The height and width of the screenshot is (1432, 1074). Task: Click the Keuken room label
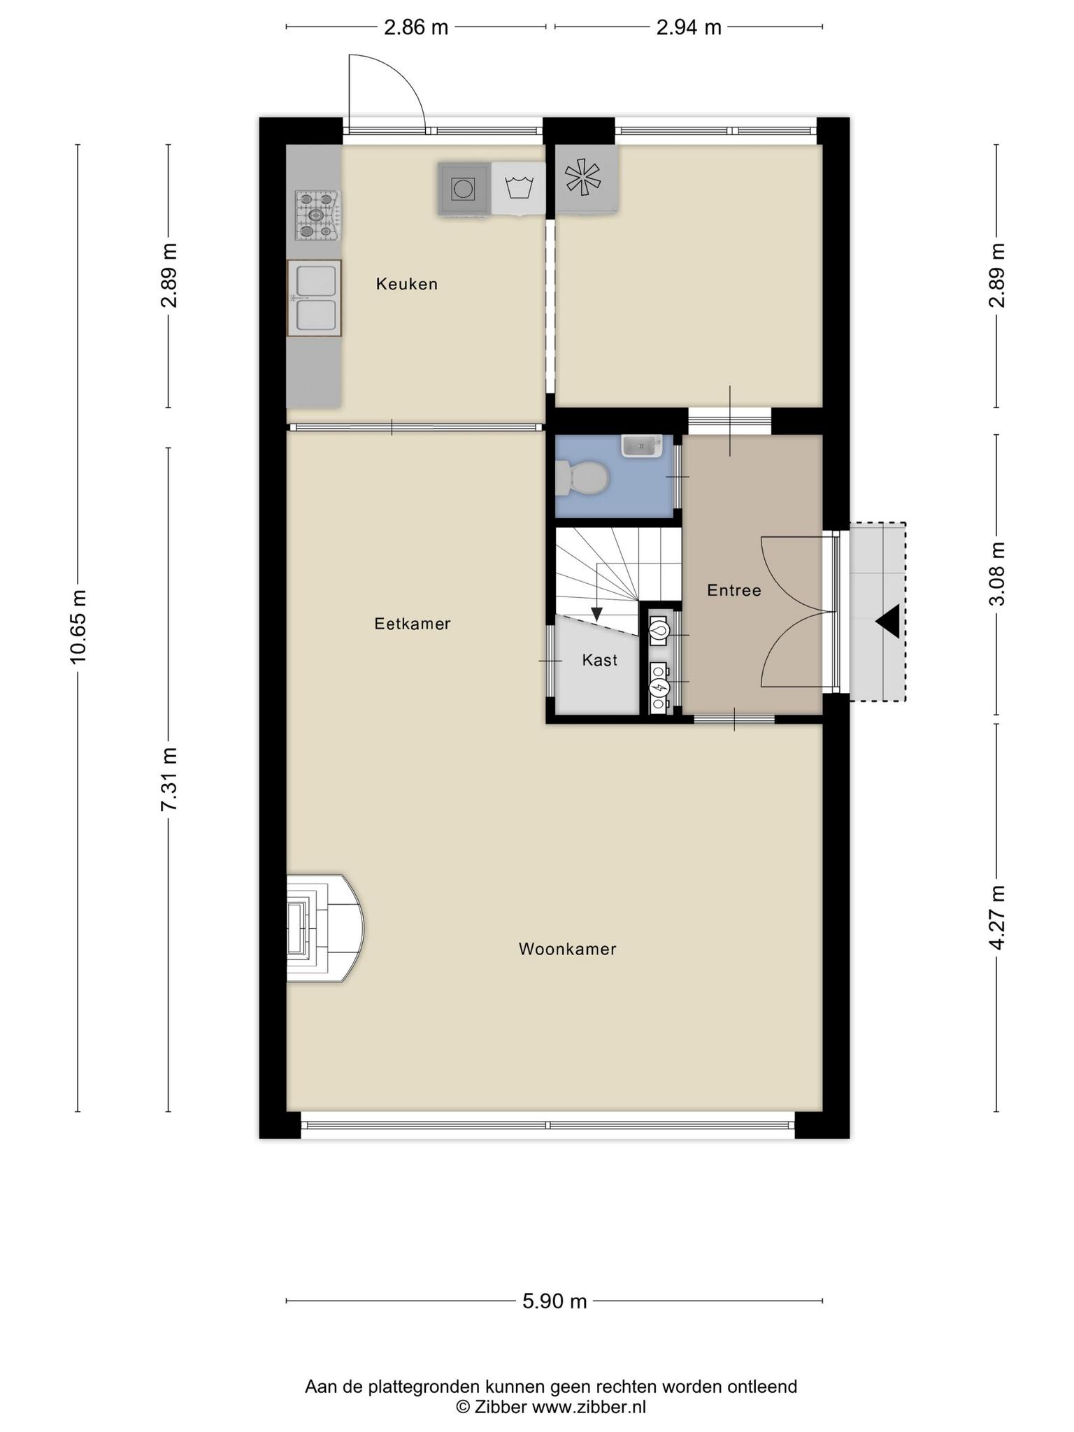407,284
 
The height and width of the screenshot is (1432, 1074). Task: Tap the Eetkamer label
413,624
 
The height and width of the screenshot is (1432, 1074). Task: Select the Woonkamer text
567,949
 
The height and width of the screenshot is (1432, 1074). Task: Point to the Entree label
734,590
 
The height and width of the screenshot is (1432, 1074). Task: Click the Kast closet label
600,660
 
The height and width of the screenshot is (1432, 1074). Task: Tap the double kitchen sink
314,298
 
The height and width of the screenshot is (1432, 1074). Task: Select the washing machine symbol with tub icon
519,188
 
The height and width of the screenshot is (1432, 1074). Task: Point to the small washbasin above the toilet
641,445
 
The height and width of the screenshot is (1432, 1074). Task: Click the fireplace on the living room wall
324,928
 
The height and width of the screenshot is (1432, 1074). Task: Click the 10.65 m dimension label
78,626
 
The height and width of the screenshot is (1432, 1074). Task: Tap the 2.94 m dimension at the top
689,27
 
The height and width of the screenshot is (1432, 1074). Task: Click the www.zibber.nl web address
589,1407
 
